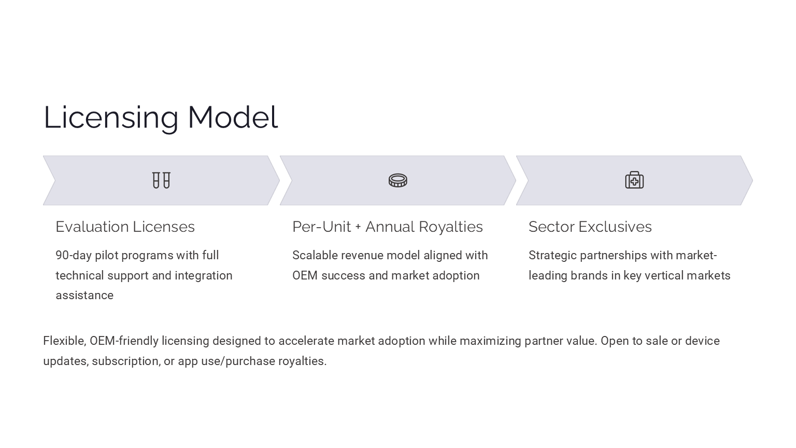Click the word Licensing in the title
[111, 118]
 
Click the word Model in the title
[233, 117]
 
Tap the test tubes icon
[161, 180]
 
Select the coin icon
[398, 180]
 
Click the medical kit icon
[634, 180]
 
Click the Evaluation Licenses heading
[125, 227]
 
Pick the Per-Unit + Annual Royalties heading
[387, 227]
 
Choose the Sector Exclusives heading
[590, 227]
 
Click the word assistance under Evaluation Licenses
[84, 296]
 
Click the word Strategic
[552, 256]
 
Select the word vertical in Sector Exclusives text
[661, 275]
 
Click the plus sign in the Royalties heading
[358, 227]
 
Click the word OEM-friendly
[124, 341]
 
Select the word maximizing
[490, 341]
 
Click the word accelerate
[306, 341]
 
